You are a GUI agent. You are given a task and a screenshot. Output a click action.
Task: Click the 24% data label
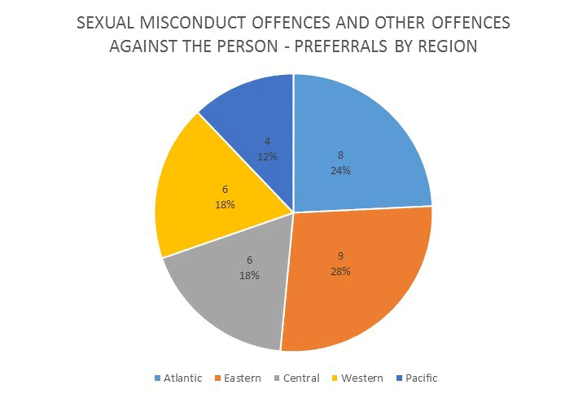341,170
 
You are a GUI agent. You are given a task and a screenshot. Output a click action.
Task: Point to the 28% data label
341,271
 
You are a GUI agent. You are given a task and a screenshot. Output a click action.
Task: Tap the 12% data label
267,157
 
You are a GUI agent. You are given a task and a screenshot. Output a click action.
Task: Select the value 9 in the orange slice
341,256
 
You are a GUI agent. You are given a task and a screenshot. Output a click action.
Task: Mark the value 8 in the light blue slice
341,155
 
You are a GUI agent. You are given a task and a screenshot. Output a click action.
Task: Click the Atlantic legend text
183,378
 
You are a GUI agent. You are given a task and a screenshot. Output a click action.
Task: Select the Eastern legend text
242,378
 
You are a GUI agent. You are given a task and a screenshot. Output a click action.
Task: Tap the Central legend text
301,378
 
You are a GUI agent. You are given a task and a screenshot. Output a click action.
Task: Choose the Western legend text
362,378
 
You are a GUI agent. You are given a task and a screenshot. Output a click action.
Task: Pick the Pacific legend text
421,378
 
